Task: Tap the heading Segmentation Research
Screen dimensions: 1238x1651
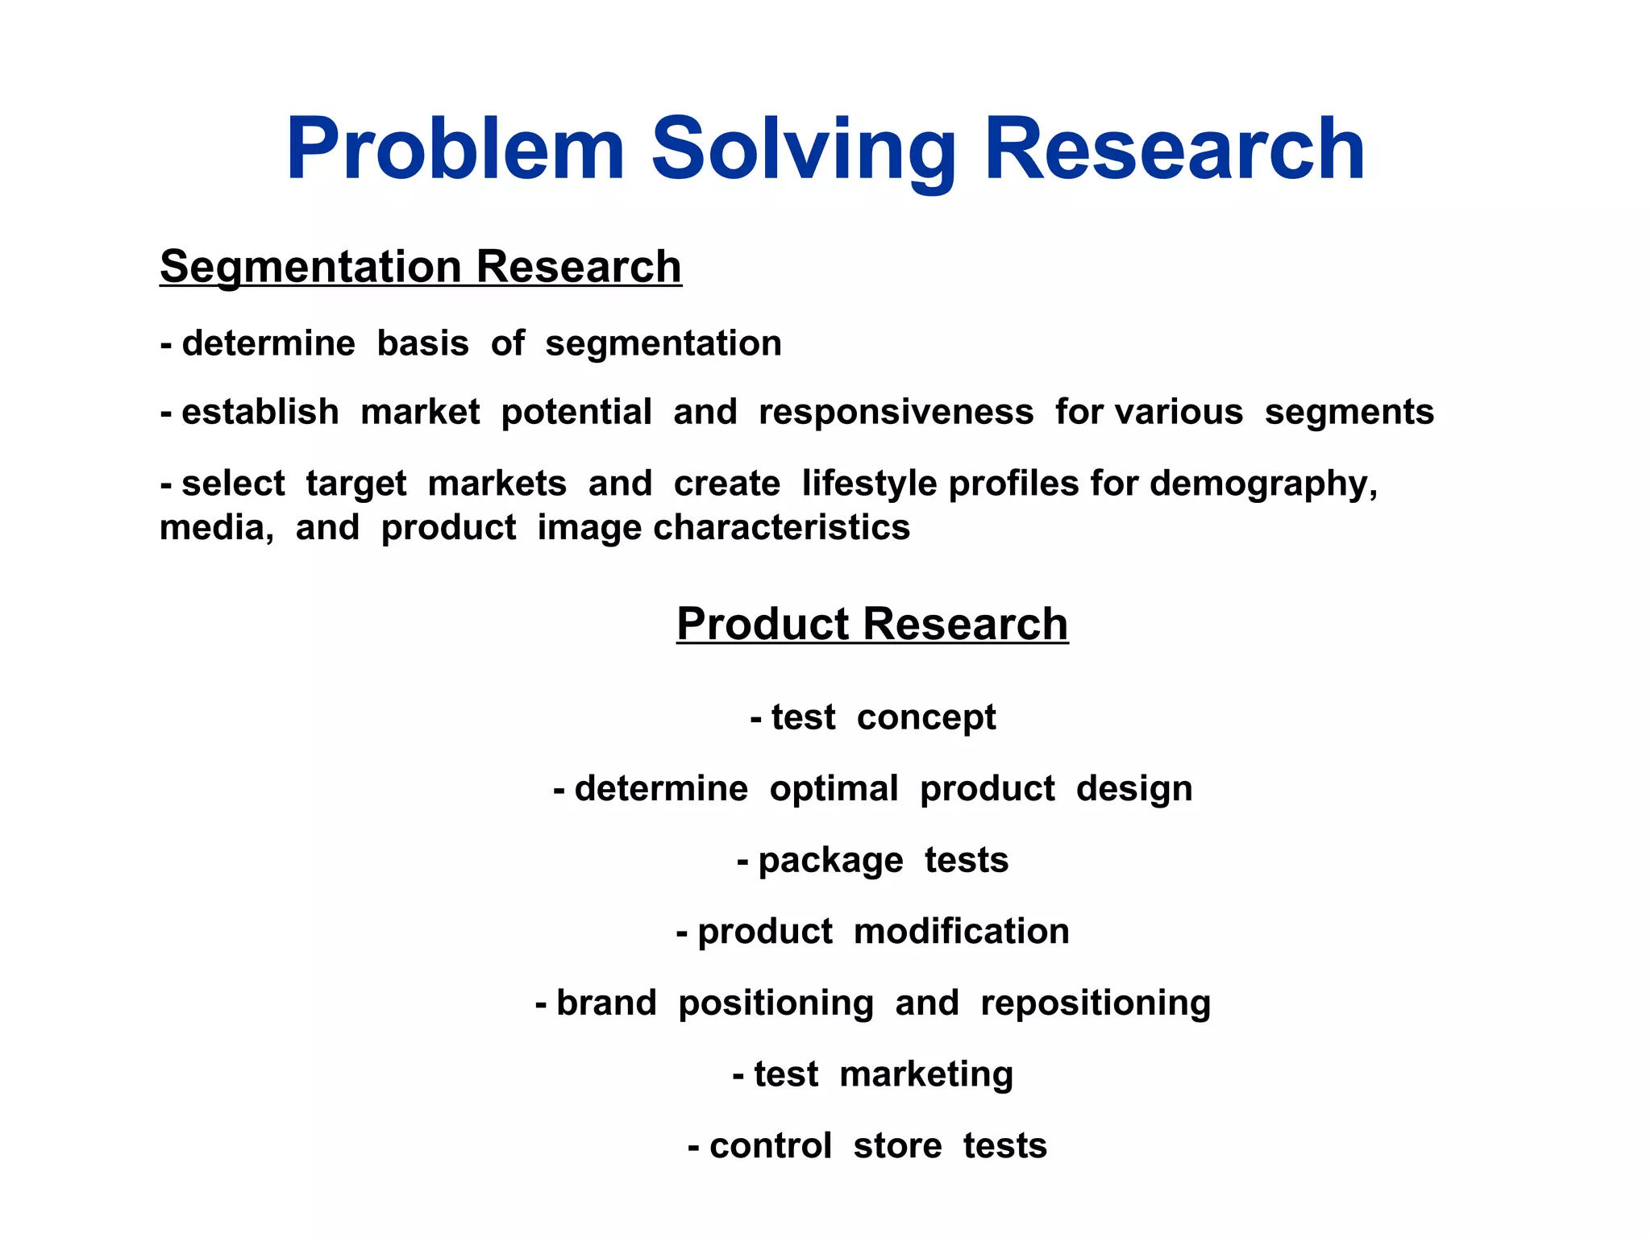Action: pyautogui.click(x=421, y=267)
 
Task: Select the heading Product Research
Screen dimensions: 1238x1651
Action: pyautogui.click(x=872, y=624)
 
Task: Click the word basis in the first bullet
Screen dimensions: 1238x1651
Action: pyautogui.click(x=422, y=343)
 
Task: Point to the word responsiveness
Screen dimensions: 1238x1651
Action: pyautogui.click(x=896, y=412)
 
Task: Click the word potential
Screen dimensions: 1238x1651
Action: pyautogui.click(x=576, y=412)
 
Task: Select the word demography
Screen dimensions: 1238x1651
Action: pyautogui.click(x=1262, y=484)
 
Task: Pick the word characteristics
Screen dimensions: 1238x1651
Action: pyautogui.click(x=781, y=528)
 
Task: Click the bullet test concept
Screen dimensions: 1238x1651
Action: pyautogui.click(x=873, y=717)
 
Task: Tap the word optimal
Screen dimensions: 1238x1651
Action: pyautogui.click(x=834, y=788)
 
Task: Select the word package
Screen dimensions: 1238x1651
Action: pyautogui.click(x=830, y=861)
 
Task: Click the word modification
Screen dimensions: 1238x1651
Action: pyautogui.click(x=961, y=932)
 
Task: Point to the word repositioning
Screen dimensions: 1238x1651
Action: pyautogui.click(x=1095, y=1003)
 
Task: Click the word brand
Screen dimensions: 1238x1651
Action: pyautogui.click(x=606, y=1003)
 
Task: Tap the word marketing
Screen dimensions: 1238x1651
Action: pyautogui.click(x=925, y=1074)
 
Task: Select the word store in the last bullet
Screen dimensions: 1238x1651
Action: pyautogui.click(x=897, y=1146)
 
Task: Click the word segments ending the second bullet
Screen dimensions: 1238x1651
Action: pyautogui.click(x=1349, y=412)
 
